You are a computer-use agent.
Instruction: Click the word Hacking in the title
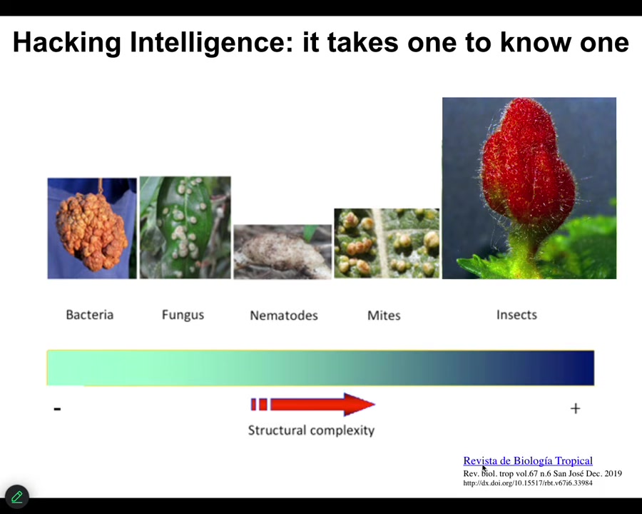click(x=67, y=43)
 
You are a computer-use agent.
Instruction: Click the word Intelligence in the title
click(x=212, y=43)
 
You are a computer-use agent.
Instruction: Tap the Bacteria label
click(x=90, y=315)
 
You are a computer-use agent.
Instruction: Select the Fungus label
click(x=183, y=316)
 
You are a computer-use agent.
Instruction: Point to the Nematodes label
click(x=284, y=316)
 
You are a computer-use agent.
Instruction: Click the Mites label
click(x=384, y=316)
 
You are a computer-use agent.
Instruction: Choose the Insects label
click(x=516, y=315)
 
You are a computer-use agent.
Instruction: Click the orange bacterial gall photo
click(x=92, y=228)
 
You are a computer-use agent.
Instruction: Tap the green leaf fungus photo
click(x=185, y=228)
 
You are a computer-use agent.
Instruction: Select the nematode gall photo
click(x=282, y=252)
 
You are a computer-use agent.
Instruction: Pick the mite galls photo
click(x=387, y=243)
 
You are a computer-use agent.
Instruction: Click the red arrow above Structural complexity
click(x=313, y=405)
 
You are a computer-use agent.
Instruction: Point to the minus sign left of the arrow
click(x=57, y=408)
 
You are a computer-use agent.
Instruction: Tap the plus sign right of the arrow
click(x=575, y=408)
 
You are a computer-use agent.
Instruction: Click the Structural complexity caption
click(x=311, y=430)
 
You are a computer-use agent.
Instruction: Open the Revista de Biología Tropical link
click(x=528, y=460)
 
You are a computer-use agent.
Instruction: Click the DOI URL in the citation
click(x=528, y=483)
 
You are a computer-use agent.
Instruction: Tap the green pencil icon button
click(x=17, y=497)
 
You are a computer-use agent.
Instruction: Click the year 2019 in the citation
click(x=613, y=473)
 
